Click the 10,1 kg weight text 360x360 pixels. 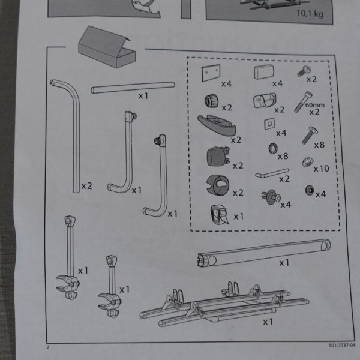click(310, 14)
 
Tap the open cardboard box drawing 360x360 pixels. click(107, 47)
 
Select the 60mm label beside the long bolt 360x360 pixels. click(315, 105)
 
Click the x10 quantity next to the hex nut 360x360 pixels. click(321, 169)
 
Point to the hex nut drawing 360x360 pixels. click(307, 162)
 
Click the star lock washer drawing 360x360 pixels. click(273, 149)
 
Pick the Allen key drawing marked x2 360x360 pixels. click(272, 173)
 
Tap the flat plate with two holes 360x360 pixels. click(211, 73)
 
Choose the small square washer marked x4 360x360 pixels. click(269, 124)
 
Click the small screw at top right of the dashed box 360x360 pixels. click(304, 71)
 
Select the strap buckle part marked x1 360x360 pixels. click(219, 215)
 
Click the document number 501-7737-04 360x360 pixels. click(342, 346)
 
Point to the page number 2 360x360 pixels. click(47, 347)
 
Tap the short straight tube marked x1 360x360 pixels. click(133, 88)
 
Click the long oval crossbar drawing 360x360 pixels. click(264, 253)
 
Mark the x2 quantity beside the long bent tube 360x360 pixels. click(87, 186)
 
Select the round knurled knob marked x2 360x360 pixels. click(211, 101)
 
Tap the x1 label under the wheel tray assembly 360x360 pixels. click(268, 322)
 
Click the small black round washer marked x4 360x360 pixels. click(310, 190)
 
